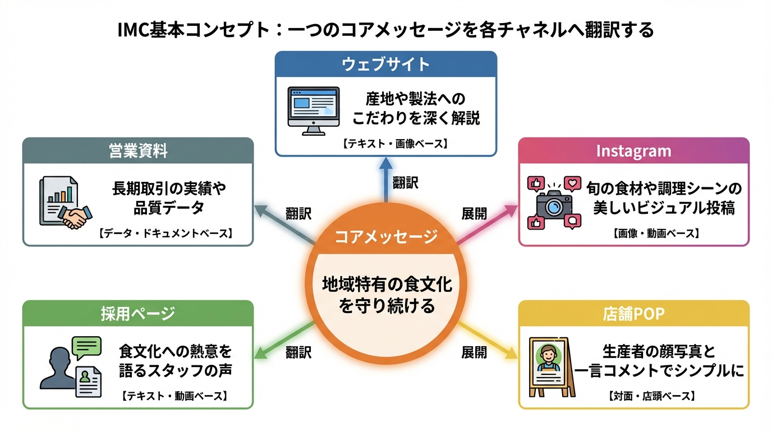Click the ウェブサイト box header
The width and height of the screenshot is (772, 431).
[385, 64]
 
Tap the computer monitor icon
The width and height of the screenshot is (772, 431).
[313, 110]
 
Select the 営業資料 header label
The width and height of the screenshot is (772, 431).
[138, 150]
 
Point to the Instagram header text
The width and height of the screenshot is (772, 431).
[633, 151]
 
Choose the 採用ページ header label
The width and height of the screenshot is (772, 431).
[138, 314]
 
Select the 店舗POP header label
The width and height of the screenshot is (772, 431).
[633, 314]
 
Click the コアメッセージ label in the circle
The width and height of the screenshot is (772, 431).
[386, 237]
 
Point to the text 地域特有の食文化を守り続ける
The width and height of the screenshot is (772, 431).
[386, 296]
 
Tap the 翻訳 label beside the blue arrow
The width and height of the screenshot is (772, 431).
[405, 182]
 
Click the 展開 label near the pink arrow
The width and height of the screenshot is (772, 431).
[474, 214]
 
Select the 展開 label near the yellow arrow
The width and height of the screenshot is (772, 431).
[474, 352]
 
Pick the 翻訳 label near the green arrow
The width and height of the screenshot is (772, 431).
[298, 352]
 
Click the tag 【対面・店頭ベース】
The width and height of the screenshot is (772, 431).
[651, 396]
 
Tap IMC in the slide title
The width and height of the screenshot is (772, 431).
[133, 29]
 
